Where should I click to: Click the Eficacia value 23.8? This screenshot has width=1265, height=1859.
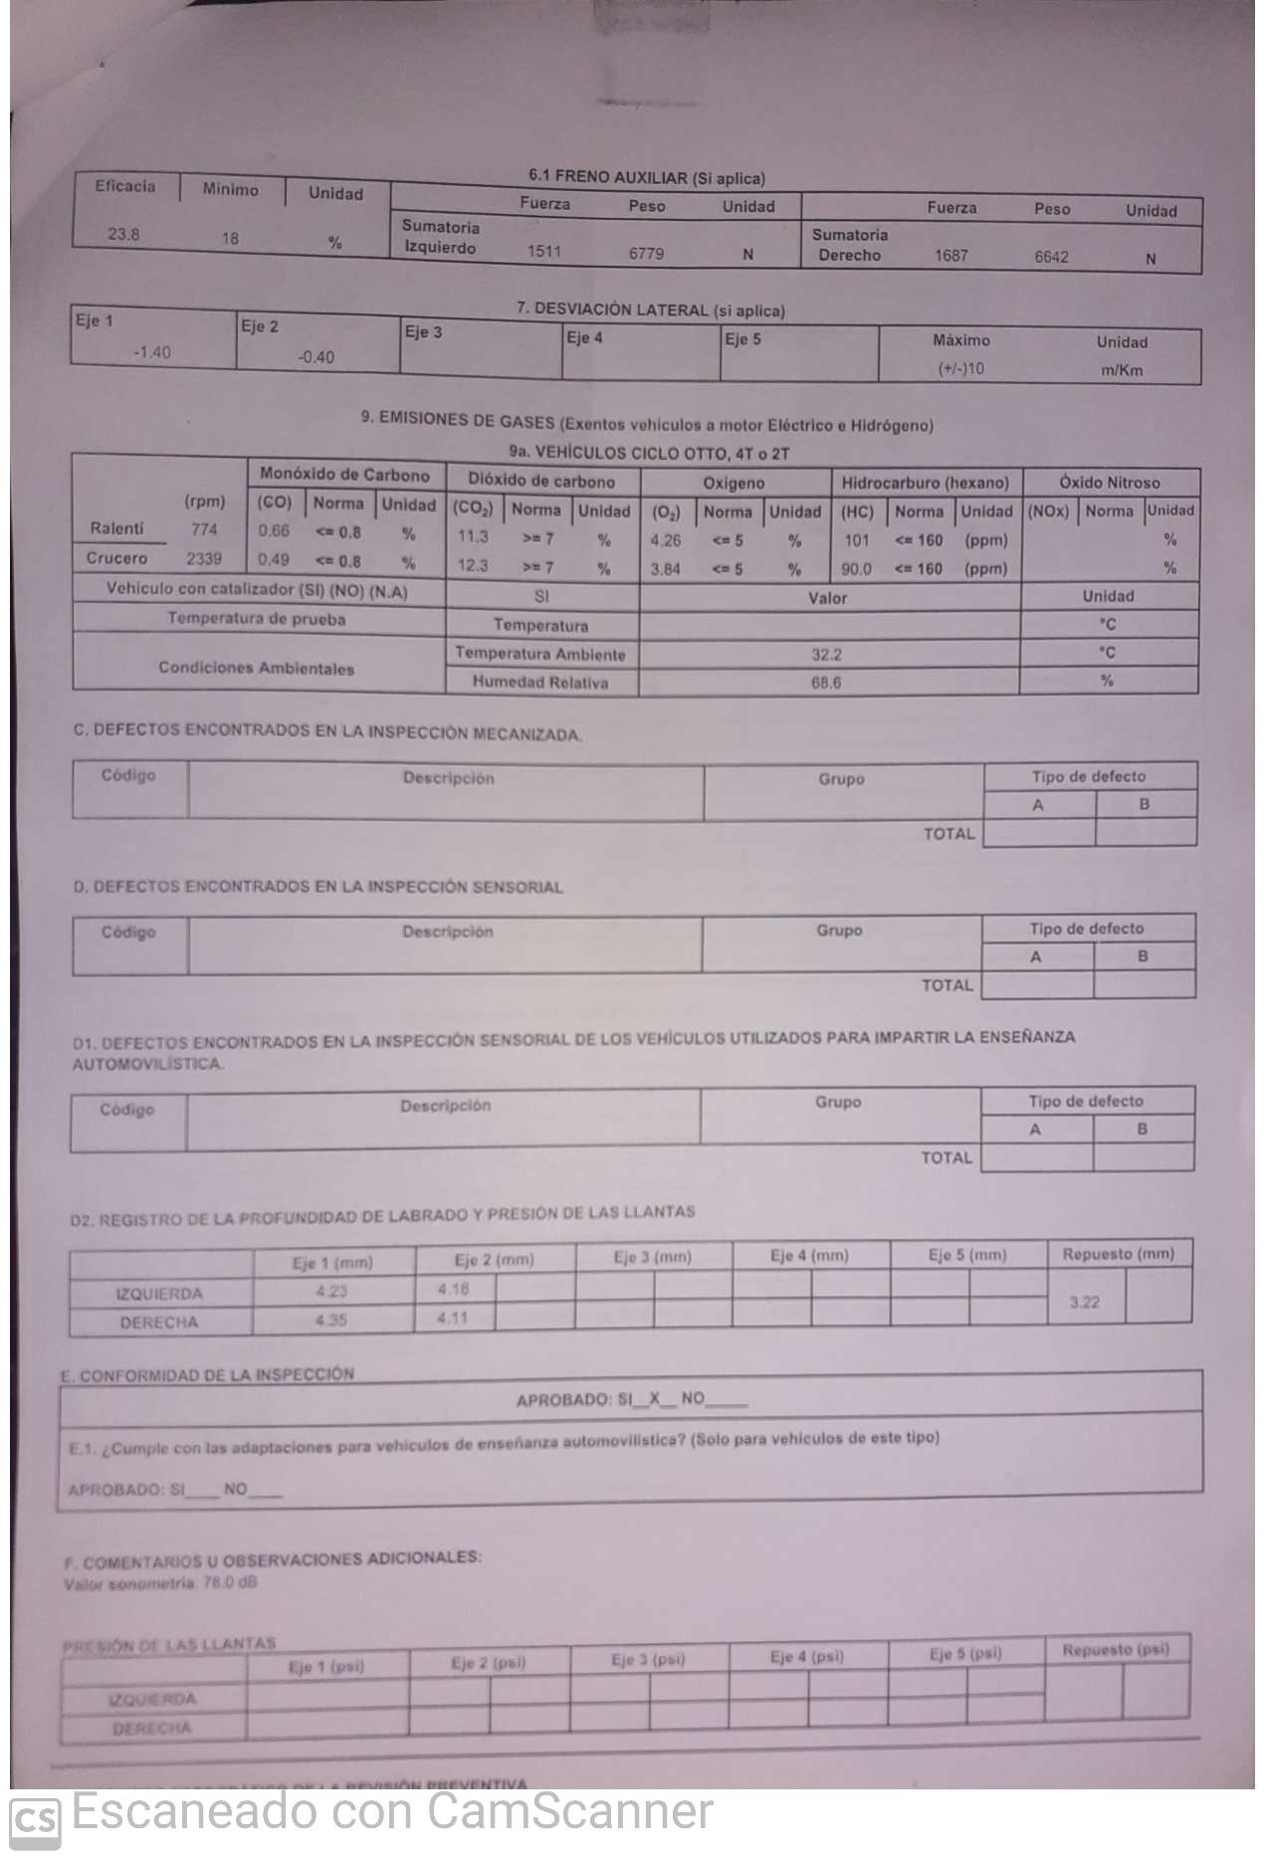pos(123,235)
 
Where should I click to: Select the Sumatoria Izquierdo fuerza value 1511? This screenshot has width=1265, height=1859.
pos(544,251)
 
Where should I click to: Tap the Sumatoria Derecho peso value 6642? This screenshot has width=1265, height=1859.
pos(1051,257)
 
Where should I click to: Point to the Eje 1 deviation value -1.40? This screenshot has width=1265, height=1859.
pos(151,352)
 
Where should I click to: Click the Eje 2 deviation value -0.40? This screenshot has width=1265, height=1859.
pos(316,357)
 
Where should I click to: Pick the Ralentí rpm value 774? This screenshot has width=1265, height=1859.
pos(204,529)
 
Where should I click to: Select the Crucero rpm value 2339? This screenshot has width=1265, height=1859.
pos(204,558)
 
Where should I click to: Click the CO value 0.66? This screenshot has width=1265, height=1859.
pos(274,530)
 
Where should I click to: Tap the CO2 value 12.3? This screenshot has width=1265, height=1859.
pos(473,565)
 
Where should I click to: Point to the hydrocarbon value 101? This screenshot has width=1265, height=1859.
pos(857,540)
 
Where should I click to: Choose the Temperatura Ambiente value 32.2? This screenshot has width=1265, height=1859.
pos(826,654)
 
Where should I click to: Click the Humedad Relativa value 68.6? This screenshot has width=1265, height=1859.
pos(826,683)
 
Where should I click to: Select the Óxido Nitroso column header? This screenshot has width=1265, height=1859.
pos(1110,483)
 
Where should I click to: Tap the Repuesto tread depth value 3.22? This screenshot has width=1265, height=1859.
pos(1085,1302)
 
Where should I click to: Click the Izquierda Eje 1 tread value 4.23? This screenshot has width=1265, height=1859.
pos(331,1292)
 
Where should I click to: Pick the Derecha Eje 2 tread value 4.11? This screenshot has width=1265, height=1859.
pos(453,1318)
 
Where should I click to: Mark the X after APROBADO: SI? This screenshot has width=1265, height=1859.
pos(655,1398)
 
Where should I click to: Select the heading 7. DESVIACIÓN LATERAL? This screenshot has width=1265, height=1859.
pos(650,310)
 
